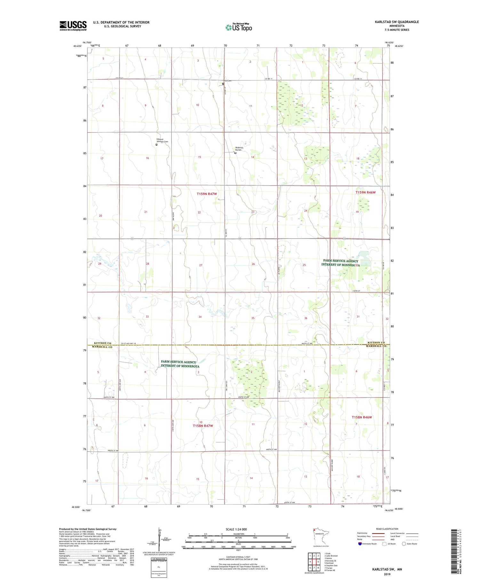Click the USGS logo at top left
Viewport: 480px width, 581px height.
click(x=73, y=26)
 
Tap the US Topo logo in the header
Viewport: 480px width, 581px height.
click(x=239, y=27)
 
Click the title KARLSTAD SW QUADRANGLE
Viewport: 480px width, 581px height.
click(x=397, y=22)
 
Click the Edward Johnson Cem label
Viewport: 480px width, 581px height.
click(x=162, y=140)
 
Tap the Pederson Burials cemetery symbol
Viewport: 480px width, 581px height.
click(x=235, y=153)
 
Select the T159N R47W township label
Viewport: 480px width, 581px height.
click(x=207, y=194)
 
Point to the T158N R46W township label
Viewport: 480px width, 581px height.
click(x=362, y=417)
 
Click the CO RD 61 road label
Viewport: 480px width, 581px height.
click(x=119, y=78)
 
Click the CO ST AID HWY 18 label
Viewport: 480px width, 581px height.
click(x=128, y=344)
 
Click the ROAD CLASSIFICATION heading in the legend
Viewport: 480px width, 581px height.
click(x=387, y=529)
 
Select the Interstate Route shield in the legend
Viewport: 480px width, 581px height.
click(x=360, y=544)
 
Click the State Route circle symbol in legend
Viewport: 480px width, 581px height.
click(x=404, y=544)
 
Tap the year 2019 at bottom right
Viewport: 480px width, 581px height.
click(x=387, y=574)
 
